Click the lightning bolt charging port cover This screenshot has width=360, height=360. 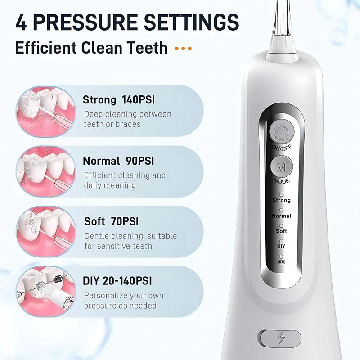pyautogui.click(x=280, y=338)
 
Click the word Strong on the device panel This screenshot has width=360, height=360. pyautogui.click(x=281, y=200)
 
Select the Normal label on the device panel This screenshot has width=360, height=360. pyautogui.click(x=281, y=216)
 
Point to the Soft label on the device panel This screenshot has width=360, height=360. pyautogui.click(x=281, y=231)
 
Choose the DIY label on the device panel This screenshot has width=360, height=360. pyautogui.click(x=281, y=246)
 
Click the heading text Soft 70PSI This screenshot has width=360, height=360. pyautogui.click(x=111, y=221)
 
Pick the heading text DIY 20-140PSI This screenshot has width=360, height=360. pyautogui.click(x=117, y=281)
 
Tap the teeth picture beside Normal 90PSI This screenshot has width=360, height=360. pyautogui.click(x=45, y=171)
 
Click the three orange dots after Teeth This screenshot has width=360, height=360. pyautogui.click(x=183, y=48)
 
